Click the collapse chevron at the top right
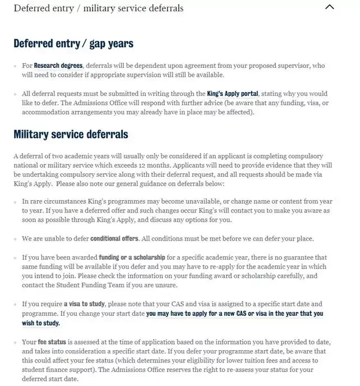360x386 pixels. tap(330, 8)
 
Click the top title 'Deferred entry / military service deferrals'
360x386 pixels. tap(98, 8)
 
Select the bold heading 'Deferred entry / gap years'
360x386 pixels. tap(73, 43)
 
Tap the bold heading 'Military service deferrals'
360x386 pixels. tap(71, 134)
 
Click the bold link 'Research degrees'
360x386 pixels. tap(58, 66)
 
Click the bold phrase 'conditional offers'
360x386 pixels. tap(114, 238)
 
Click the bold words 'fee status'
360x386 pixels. tap(52, 341)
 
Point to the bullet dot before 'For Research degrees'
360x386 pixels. tap(16, 66)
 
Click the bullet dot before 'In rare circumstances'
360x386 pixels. tap(16, 201)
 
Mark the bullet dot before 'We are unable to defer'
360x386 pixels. tap(16, 239)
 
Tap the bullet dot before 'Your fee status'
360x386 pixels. tap(16, 342)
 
